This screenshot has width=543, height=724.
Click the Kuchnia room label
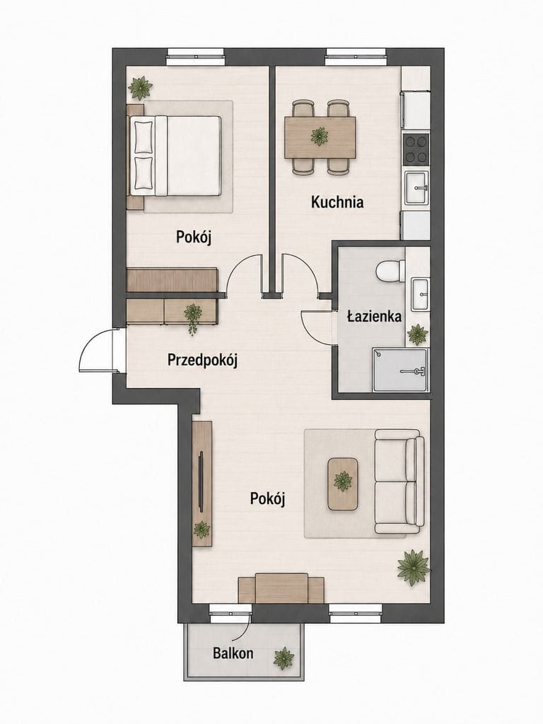tap(337, 202)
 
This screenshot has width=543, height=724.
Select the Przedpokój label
tap(202, 360)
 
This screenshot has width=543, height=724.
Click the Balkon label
tap(233, 653)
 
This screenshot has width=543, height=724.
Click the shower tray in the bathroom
tap(400, 369)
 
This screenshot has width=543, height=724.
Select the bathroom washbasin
tap(420, 294)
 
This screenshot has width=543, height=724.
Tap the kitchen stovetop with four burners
tap(416, 150)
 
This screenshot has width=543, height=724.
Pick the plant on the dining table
tap(319, 136)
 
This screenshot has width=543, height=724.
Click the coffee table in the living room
tap(343, 484)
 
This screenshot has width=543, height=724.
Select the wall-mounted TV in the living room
tap(201, 481)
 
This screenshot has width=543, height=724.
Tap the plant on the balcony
tap(284, 658)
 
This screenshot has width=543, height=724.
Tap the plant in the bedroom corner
tap(140, 88)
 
